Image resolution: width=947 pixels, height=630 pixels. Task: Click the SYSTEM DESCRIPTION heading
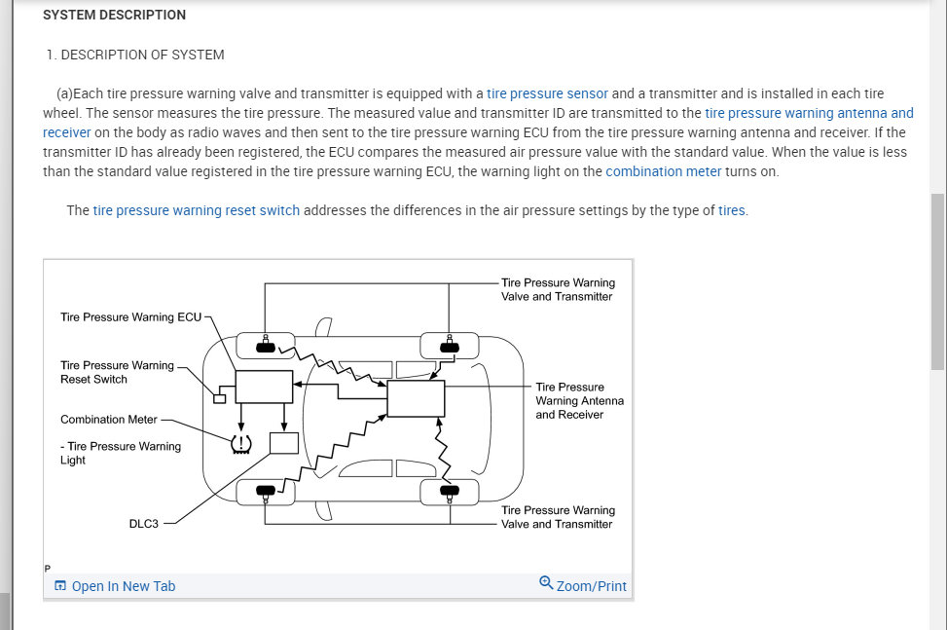(x=114, y=15)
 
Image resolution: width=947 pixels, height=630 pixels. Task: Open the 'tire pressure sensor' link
(x=547, y=93)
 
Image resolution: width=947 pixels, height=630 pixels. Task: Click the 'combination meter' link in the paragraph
(x=663, y=171)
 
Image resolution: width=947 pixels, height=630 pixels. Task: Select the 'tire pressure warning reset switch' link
(x=196, y=210)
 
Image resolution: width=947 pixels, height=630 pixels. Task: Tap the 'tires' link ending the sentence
(x=732, y=210)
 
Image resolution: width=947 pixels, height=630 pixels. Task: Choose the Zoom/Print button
(x=591, y=586)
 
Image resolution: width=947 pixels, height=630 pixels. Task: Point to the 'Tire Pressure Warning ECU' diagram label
(x=130, y=317)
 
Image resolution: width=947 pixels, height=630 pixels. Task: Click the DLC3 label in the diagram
(x=143, y=524)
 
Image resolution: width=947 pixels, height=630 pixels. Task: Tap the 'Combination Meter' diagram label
(x=108, y=420)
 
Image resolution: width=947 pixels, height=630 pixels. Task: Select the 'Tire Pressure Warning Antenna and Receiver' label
(x=579, y=400)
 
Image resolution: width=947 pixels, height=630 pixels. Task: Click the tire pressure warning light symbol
(x=240, y=443)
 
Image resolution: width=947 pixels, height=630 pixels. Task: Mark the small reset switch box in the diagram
(x=220, y=398)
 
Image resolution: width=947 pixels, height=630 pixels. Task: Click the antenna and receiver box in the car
(x=416, y=398)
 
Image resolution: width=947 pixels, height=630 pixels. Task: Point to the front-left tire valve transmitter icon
(x=265, y=346)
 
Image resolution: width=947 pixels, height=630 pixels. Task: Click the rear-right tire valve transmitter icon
(x=449, y=491)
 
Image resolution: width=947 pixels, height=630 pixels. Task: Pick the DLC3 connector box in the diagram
(x=283, y=442)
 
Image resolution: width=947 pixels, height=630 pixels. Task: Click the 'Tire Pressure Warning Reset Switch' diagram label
(x=117, y=372)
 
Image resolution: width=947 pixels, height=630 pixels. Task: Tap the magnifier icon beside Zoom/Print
(x=546, y=583)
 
